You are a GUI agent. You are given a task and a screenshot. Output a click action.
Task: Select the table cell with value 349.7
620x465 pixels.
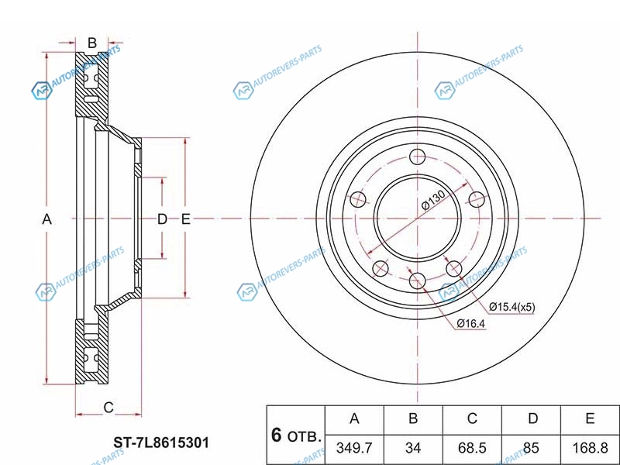tap(354, 448)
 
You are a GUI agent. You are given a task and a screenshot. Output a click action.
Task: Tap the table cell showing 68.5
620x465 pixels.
tap(472, 448)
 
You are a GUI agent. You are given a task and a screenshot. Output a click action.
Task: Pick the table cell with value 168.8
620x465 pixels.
tap(590, 448)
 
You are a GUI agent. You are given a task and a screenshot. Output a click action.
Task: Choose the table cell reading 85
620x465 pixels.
tap(532, 448)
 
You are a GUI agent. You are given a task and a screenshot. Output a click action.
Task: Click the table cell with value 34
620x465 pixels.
tap(413, 448)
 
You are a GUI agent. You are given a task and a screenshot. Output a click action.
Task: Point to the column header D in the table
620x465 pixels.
tap(532, 419)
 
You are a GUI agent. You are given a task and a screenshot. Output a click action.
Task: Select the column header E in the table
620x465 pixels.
tap(590, 419)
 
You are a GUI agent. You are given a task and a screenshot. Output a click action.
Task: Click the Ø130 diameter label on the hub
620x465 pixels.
tap(432, 203)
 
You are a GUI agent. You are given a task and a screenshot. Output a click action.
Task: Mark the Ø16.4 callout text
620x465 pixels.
tap(470, 323)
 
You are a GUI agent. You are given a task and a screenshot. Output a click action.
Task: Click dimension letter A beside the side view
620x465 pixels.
tap(46, 219)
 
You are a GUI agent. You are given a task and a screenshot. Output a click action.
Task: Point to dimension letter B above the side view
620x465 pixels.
tap(91, 42)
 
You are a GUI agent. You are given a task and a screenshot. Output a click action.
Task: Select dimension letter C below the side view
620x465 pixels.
tap(108, 407)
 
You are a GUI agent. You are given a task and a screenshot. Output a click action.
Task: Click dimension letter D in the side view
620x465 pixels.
tap(161, 219)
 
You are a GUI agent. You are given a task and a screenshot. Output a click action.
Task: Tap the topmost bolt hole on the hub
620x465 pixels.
tap(417, 157)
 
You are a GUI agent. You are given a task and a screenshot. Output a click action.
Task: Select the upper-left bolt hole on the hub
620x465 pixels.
tap(358, 200)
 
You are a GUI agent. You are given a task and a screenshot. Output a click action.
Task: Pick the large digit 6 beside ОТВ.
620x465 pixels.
tap(276, 435)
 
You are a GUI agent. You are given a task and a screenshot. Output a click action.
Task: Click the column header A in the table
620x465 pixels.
tap(354, 419)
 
